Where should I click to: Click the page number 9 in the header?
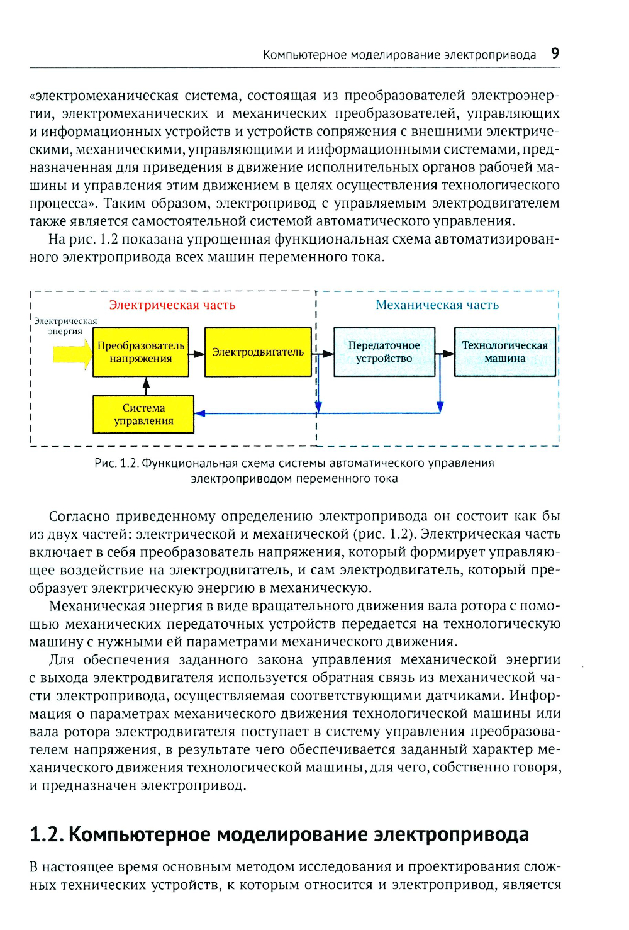pos(555,53)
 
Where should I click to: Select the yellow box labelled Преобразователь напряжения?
pos(141,352)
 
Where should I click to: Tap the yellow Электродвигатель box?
pos(258,352)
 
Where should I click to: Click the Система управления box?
pos(143,414)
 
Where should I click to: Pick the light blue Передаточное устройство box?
pos(384,352)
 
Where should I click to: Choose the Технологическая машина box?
pos(504,352)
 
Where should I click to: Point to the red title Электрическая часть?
pos(172,305)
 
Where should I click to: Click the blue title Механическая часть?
pos(437,305)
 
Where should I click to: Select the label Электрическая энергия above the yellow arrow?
pos(65,326)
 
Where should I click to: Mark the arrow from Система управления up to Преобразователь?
pos(146,385)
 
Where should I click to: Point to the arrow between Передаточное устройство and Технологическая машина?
pos(445,354)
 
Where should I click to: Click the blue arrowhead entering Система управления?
pos(200,413)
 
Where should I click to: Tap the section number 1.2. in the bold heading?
pos(47,834)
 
